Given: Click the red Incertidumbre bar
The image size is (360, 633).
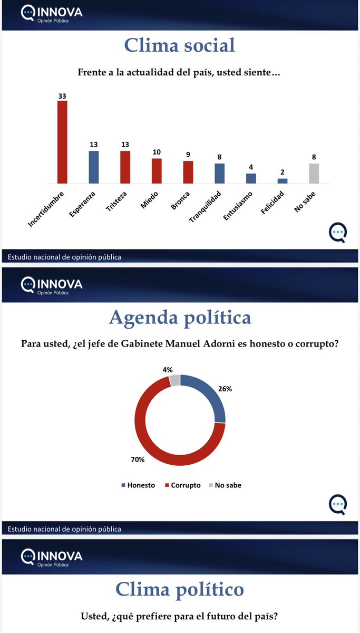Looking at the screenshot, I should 62,142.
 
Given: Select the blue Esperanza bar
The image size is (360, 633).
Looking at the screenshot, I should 94,167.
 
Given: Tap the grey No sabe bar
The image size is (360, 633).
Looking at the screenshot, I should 314,173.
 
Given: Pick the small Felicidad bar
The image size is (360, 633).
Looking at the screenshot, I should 283,181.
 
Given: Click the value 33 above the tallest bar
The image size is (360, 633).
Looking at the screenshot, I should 62,95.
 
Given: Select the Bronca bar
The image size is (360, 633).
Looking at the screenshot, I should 188,172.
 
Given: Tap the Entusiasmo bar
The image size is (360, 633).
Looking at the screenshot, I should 251,178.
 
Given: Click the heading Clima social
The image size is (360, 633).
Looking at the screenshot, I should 180,45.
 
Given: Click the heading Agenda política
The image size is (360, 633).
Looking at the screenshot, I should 180,318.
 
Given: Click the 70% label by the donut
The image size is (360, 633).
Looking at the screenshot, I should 138,459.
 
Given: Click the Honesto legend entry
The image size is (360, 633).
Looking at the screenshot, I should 138,485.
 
